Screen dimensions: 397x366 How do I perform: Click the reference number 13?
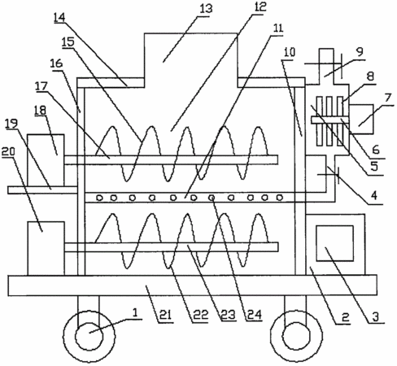206,9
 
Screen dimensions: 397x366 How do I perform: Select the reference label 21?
165,315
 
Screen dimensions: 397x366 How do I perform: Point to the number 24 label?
255,315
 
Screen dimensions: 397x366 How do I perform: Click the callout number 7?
388,98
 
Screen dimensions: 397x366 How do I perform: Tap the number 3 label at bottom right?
376,316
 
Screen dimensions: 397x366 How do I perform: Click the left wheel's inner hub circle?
89,336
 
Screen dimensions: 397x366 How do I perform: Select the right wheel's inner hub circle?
296,336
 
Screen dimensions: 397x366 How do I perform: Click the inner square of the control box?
335,243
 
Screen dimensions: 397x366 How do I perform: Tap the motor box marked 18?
46,160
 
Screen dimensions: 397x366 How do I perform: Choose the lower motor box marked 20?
46,248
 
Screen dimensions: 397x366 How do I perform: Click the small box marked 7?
361,119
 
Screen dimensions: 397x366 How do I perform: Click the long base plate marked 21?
192,285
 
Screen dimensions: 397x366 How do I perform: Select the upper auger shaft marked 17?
171,159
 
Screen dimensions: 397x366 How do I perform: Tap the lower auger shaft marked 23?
171,247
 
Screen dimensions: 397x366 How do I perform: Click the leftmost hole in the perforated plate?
100,198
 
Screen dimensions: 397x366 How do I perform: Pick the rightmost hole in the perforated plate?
280,198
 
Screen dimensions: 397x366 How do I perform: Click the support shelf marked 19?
42,190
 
